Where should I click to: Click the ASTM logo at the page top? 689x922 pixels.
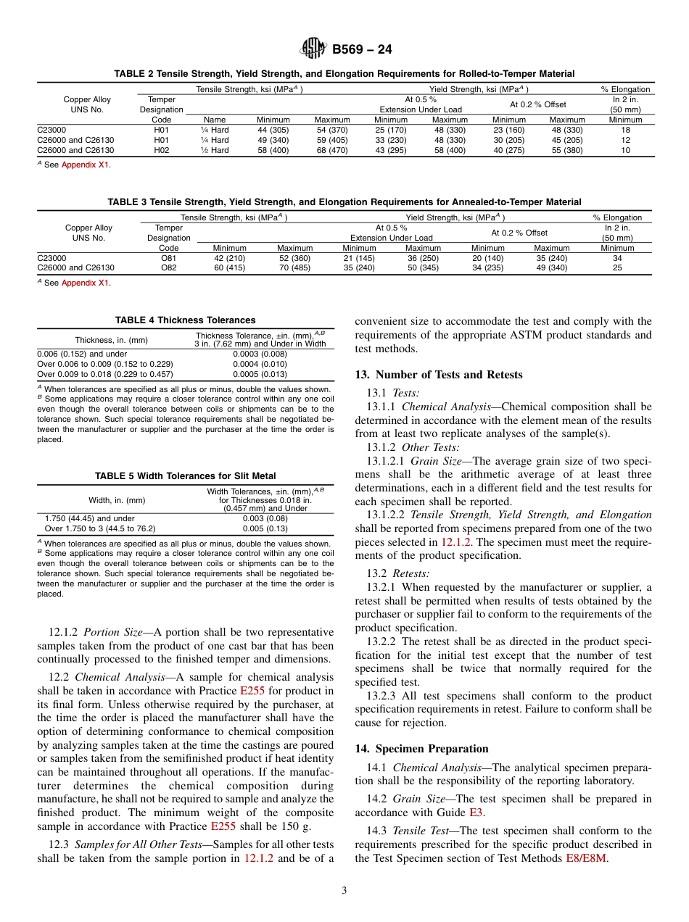point(313,49)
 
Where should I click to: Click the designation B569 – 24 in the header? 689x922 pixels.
point(362,50)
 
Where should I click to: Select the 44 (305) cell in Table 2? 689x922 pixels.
point(273,130)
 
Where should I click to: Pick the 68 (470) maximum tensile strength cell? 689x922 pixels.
point(331,150)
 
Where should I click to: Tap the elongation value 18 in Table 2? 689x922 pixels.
point(625,130)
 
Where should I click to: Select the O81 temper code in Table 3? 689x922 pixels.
point(168,257)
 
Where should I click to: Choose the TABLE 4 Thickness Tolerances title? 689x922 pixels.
point(185,320)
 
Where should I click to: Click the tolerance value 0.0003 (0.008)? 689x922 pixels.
point(260,354)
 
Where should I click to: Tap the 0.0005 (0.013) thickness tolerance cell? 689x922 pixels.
point(260,374)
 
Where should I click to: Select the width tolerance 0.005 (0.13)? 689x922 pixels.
point(260,528)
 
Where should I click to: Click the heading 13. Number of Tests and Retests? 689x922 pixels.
point(438,375)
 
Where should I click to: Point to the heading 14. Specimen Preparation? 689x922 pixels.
point(421,749)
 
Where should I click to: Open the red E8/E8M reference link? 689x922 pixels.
point(587,858)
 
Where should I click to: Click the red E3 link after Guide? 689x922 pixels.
point(476,813)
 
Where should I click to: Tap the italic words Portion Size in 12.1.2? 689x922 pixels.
point(113,632)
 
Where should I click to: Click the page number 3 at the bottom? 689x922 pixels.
point(344,889)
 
